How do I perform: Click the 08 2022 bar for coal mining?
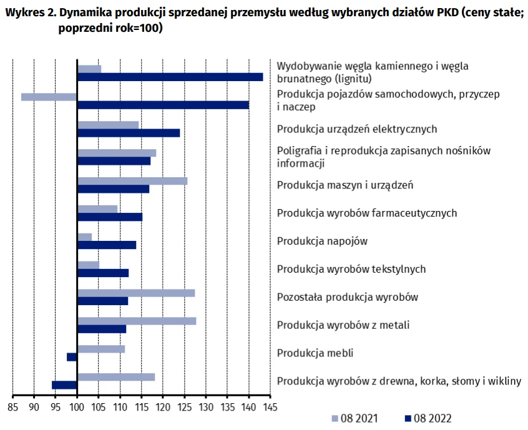pyautogui.click(x=170, y=77)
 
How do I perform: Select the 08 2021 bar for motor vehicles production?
pyautogui.click(x=49, y=97)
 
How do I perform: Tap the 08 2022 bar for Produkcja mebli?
pyautogui.click(x=72, y=357)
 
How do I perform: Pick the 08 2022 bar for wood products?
pyautogui.click(x=64, y=385)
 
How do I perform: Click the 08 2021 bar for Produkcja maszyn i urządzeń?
pyautogui.click(x=132, y=181)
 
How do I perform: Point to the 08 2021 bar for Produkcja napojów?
pyautogui.click(x=84, y=237)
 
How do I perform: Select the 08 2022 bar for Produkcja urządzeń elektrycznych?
pyautogui.click(x=129, y=133)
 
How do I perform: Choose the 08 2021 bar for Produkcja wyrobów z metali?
pyautogui.click(x=136, y=321)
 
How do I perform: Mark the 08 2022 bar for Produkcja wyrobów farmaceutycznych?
pyautogui.click(x=109, y=217)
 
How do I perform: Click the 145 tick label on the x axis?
pyautogui.click(x=270, y=407)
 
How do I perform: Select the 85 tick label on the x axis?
pyautogui.click(x=12, y=407)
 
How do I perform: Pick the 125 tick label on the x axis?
pyautogui.click(x=184, y=407)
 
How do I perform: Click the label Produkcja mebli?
pyautogui.click(x=315, y=353)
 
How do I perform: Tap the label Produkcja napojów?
pyautogui.click(x=322, y=241)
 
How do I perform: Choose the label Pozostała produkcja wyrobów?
pyautogui.click(x=347, y=297)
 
